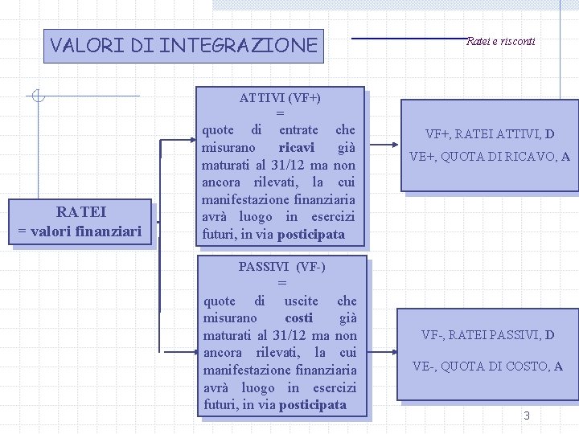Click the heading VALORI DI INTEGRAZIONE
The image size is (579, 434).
tap(183, 45)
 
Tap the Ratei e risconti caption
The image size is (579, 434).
tap(500, 41)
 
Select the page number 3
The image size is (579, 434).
tap(527, 416)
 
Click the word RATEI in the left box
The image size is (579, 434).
tap(80, 212)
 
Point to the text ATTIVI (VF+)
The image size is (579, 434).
tap(280, 98)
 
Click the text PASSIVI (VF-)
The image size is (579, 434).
tap(281, 266)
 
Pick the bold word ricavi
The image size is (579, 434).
tap(296, 147)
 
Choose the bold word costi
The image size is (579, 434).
tap(299, 318)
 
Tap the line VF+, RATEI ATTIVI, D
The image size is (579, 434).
tap(490, 134)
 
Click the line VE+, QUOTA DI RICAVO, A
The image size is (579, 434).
tap(490, 157)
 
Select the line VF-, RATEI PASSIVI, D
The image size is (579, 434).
tap(488, 334)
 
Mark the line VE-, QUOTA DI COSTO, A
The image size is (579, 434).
tap(487, 366)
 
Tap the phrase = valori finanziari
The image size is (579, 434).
tap(80, 231)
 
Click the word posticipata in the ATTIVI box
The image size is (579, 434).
tap(311, 234)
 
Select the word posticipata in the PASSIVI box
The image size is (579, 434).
tap(313, 404)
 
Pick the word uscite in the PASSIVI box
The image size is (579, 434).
tap(301, 301)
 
